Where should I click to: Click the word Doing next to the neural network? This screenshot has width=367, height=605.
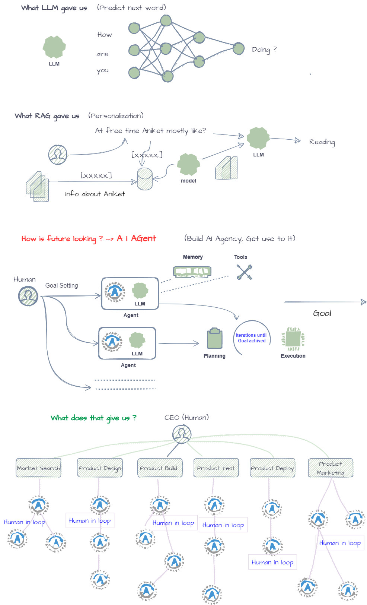pos(261,50)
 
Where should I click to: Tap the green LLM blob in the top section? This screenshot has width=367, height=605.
pos(54,47)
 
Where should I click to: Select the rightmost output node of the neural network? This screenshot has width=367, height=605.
pos(238,48)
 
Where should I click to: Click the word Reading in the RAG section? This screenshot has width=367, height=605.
pos(322,142)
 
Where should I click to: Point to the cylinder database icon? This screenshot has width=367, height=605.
pos(145,179)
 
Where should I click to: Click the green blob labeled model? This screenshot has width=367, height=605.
pos(188,164)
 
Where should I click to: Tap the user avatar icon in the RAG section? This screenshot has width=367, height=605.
pos(58,155)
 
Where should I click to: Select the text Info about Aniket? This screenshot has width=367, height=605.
pos(95,194)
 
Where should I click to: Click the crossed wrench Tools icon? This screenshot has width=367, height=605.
pos(244,272)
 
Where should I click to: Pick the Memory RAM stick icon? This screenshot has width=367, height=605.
pos(192,272)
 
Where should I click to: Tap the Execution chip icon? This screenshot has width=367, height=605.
pos(293,339)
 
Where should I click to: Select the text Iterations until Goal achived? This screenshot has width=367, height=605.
pos(251,338)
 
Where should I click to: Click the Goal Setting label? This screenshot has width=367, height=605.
pos(61,286)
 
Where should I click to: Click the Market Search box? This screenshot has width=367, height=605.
pos(38,468)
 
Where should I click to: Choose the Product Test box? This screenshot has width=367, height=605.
pos(216,468)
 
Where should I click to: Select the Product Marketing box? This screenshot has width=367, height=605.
pos(331,468)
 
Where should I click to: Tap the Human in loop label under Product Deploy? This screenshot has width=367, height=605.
pos(272,562)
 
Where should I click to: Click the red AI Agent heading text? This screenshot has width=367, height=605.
pos(136,238)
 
